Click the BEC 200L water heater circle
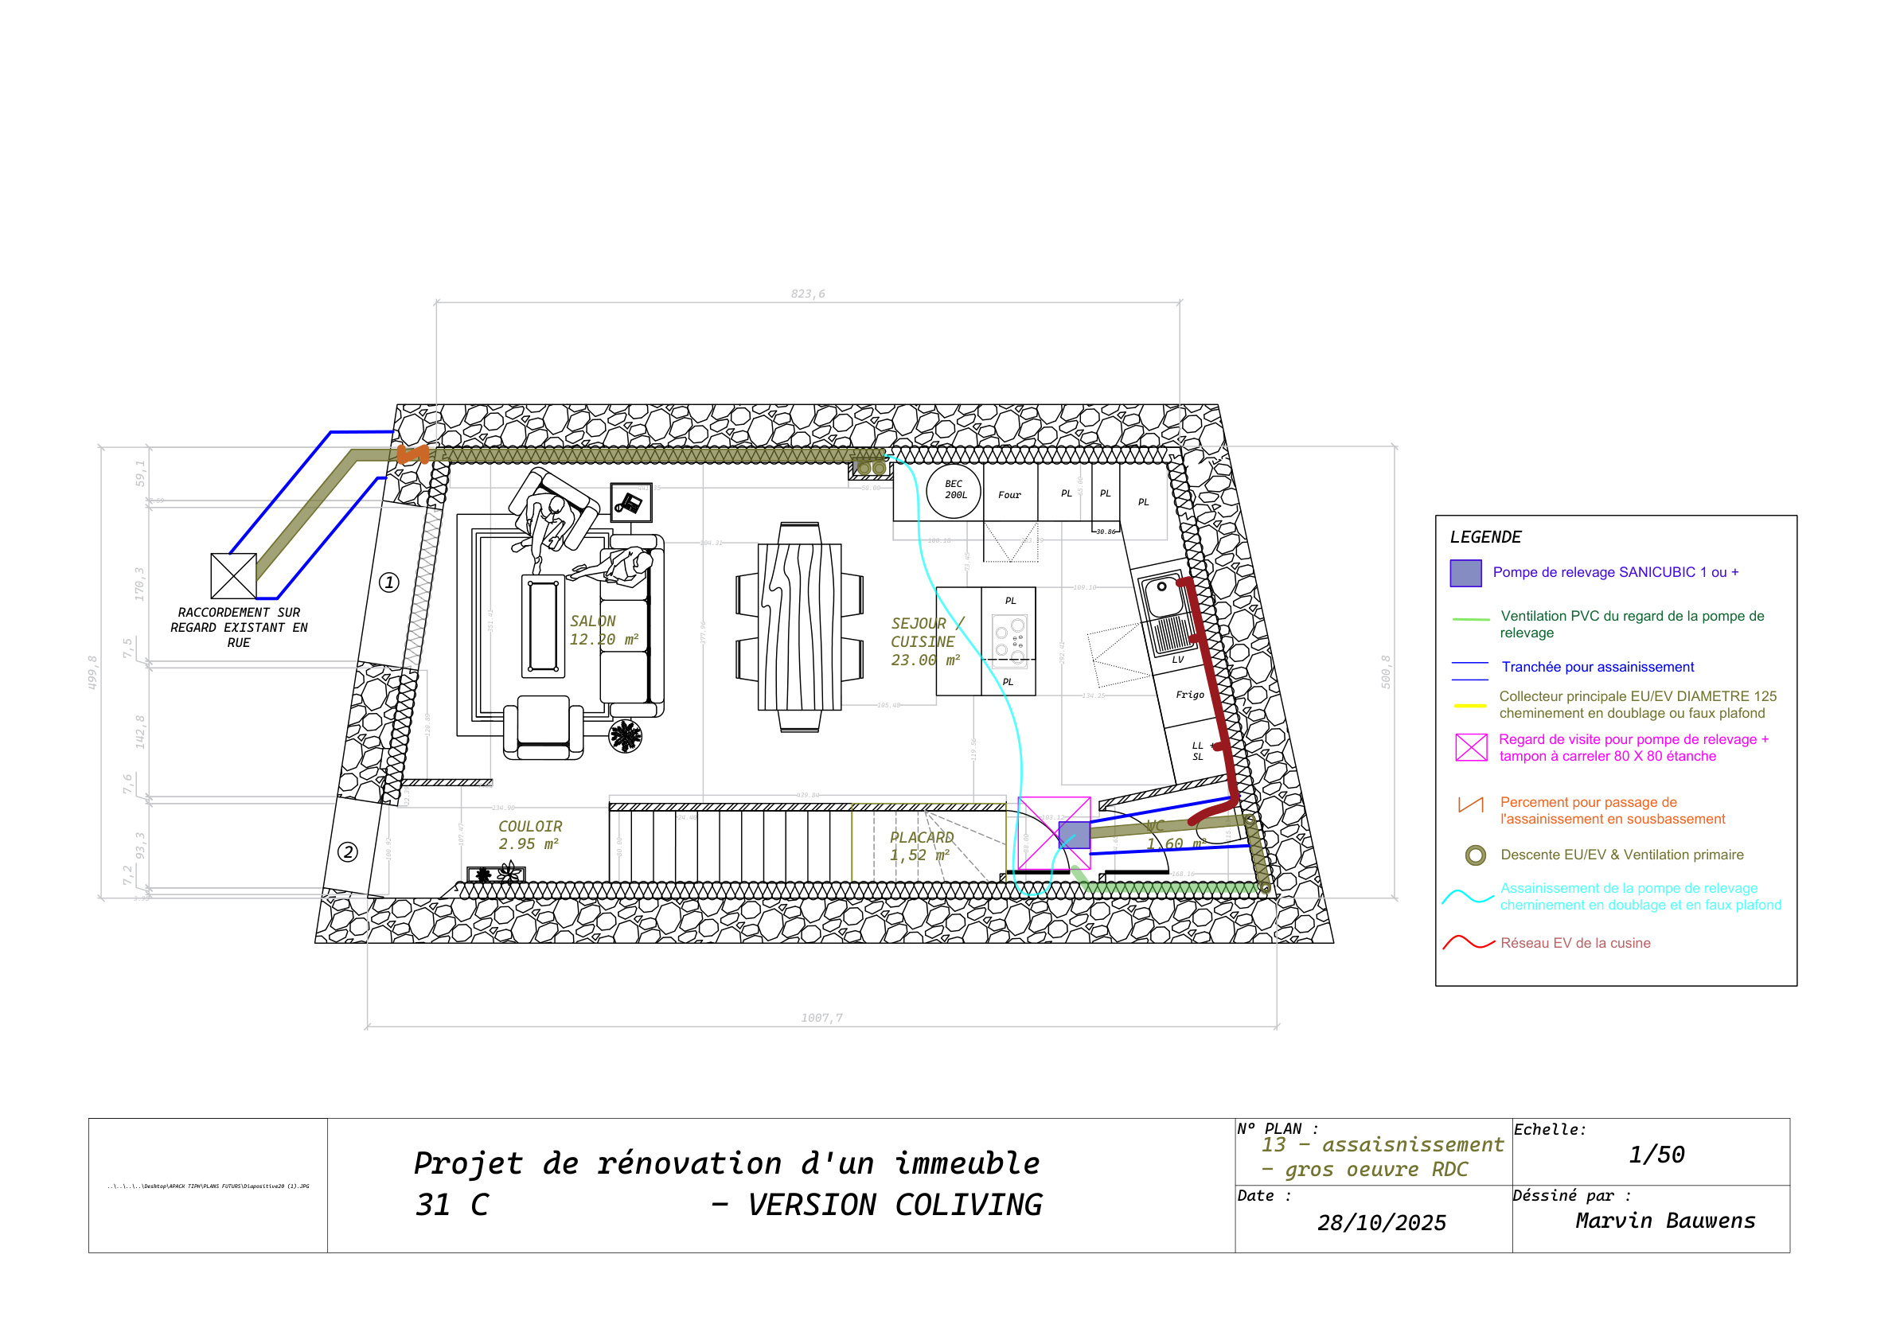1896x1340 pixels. point(954,491)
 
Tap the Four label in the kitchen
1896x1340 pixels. point(1009,496)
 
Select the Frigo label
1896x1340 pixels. point(1190,695)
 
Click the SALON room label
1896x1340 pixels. point(593,621)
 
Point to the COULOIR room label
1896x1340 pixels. point(530,827)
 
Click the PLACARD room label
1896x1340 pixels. point(922,837)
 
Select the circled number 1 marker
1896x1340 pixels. point(389,583)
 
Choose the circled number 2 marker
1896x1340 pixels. point(348,852)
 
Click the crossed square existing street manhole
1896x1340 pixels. point(234,575)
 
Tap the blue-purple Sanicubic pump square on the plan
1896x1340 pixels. point(1075,835)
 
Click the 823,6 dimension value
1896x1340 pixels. point(808,294)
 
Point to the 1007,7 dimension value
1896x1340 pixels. point(821,1018)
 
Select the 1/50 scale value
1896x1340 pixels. point(1656,1155)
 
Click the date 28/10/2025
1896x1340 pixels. point(1382,1223)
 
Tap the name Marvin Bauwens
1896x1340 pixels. point(1665,1221)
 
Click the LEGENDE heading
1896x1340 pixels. point(1485,537)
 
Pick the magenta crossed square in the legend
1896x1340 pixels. point(1471,747)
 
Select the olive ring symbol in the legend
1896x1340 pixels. point(1476,855)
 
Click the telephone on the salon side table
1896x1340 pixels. point(630,502)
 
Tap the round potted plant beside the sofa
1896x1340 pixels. point(625,735)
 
